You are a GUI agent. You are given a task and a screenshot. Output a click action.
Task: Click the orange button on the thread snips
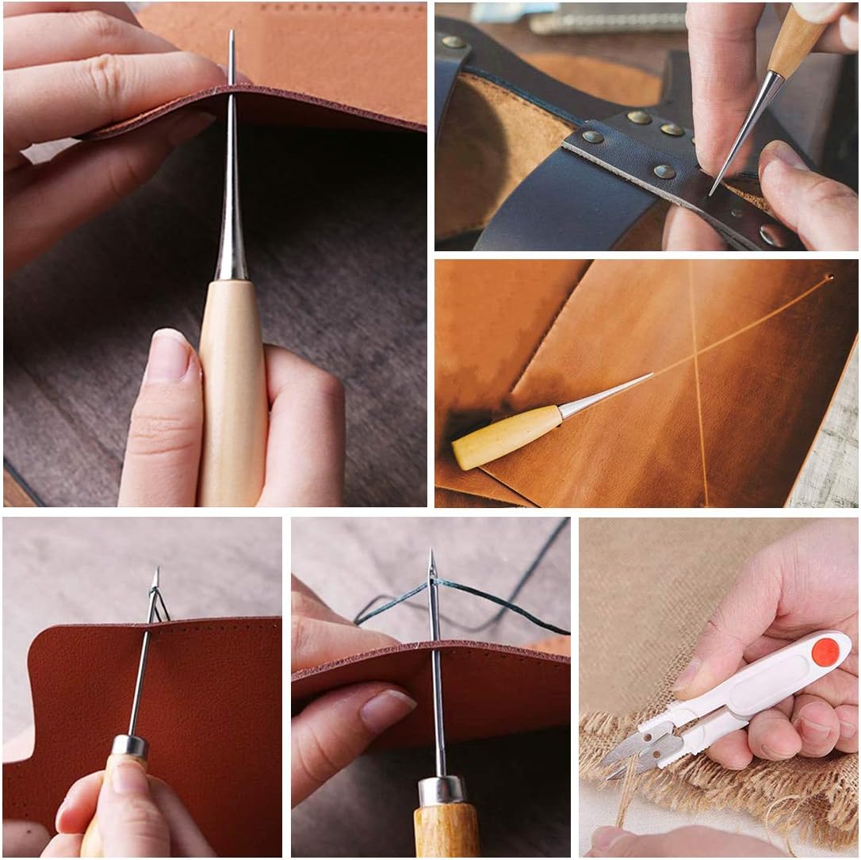[x=825, y=652]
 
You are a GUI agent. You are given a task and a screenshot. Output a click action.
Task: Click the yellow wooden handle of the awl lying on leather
[x=506, y=437]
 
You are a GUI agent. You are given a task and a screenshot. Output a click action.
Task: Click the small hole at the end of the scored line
[x=828, y=278]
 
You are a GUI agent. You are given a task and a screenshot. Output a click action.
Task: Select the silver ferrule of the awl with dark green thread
[x=442, y=789]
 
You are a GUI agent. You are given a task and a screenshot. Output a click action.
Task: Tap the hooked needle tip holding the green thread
[x=432, y=564]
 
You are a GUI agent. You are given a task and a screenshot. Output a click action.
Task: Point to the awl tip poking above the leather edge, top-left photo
[x=231, y=40]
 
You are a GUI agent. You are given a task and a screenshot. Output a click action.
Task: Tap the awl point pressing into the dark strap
[x=713, y=191]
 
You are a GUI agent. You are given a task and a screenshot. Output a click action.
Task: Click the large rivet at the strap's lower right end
[x=771, y=234]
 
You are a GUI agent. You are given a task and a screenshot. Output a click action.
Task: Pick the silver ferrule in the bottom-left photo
[x=129, y=746]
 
